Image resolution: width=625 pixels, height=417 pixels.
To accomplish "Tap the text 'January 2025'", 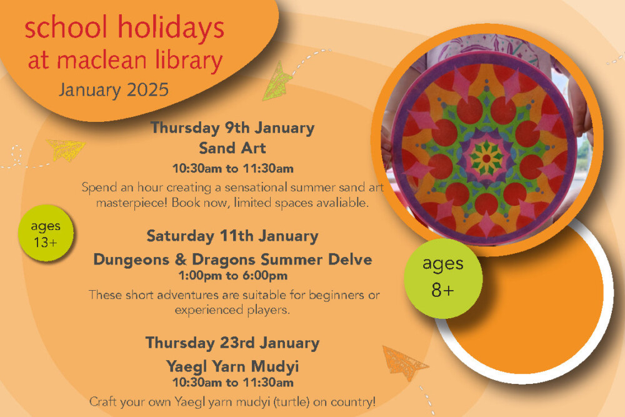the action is click(114, 90).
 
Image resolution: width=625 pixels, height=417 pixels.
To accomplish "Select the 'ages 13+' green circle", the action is click(46, 233).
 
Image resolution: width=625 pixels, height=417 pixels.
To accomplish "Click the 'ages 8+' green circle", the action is click(443, 278).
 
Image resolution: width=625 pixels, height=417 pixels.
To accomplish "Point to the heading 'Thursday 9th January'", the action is click(232, 128).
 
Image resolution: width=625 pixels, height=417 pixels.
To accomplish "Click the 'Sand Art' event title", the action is click(232, 148).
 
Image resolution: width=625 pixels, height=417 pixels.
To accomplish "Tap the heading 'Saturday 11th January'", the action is click(232, 236).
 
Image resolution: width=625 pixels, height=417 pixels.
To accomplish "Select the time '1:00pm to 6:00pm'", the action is click(232, 276).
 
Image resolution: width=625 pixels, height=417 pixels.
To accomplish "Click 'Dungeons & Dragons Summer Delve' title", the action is click(232, 259).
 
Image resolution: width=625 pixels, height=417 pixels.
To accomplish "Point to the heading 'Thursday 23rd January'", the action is click(232, 343).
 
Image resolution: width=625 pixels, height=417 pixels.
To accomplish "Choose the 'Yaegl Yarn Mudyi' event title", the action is click(232, 366).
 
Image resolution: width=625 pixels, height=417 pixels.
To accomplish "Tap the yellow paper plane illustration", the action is click(66, 149).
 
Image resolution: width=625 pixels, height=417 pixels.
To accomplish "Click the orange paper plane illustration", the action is click(403, 363).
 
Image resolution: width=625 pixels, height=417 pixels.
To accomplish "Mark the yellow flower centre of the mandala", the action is click(486, 158).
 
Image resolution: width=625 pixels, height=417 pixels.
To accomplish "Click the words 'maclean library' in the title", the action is click(140, 61).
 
